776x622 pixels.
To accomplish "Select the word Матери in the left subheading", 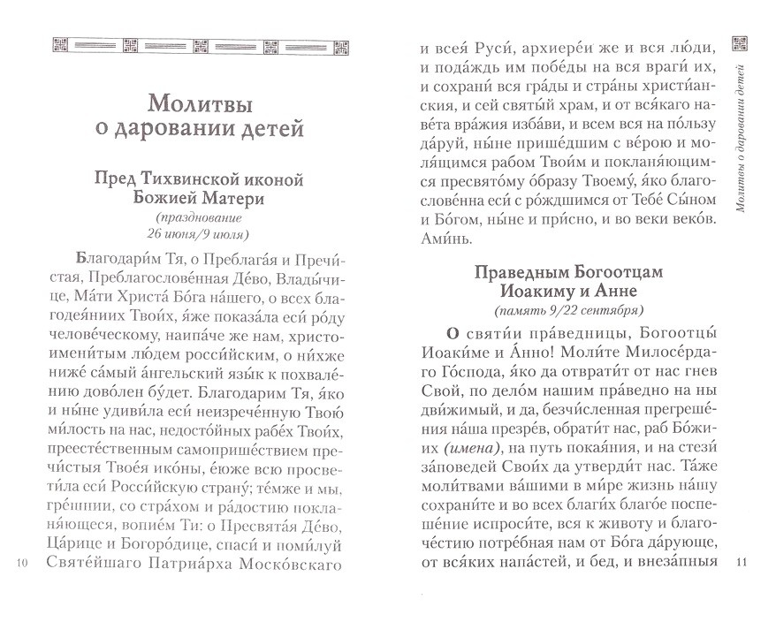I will click(233, 200).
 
